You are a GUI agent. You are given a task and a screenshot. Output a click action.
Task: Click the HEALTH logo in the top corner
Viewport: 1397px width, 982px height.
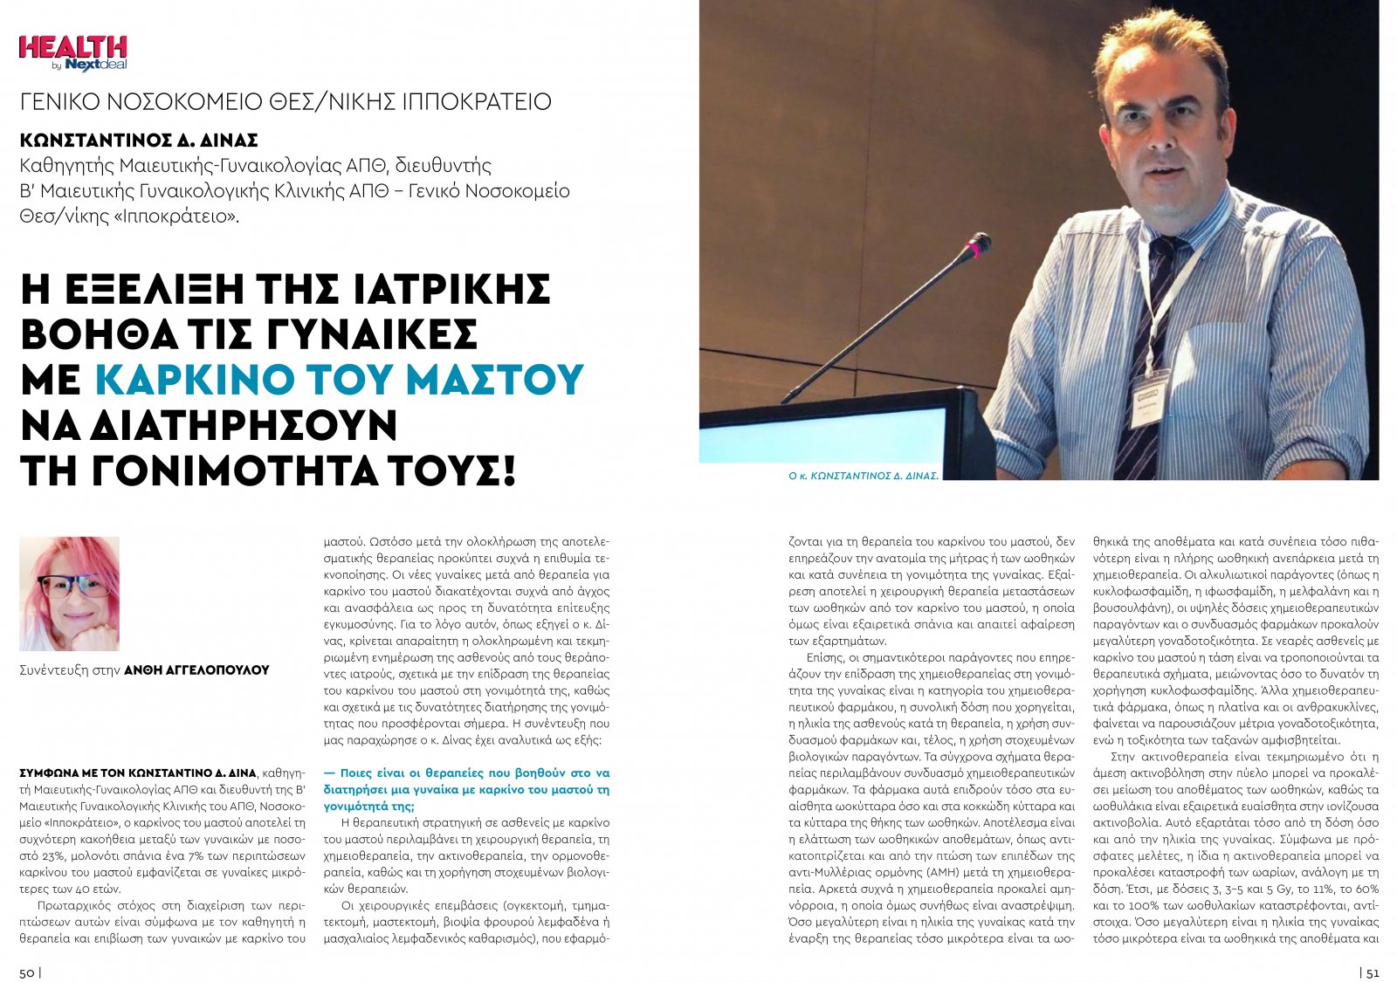click(72, 49)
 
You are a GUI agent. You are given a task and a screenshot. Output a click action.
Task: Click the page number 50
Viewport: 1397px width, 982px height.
click(27, 972)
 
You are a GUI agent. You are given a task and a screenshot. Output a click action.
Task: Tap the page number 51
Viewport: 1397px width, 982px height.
click(1372, 972)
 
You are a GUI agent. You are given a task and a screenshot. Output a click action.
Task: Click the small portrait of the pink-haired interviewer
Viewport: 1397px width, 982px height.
click(69, 594)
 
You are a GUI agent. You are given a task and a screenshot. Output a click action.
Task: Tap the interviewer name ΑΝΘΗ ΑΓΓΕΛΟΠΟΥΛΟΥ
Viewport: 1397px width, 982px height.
click(196, 670)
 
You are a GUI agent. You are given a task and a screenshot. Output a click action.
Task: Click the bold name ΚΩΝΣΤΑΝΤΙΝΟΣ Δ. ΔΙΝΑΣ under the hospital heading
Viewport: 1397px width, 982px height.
click(139, 141)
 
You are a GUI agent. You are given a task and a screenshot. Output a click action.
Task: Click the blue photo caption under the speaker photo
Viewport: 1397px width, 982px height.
click(863, 476)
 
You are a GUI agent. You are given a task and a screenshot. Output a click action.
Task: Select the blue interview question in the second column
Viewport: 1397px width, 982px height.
click(466, 789)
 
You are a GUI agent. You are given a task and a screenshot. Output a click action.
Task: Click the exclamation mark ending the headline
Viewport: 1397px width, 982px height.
click(510, 471)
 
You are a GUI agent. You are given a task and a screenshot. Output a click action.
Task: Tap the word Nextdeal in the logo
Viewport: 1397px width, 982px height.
click(96, 65)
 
